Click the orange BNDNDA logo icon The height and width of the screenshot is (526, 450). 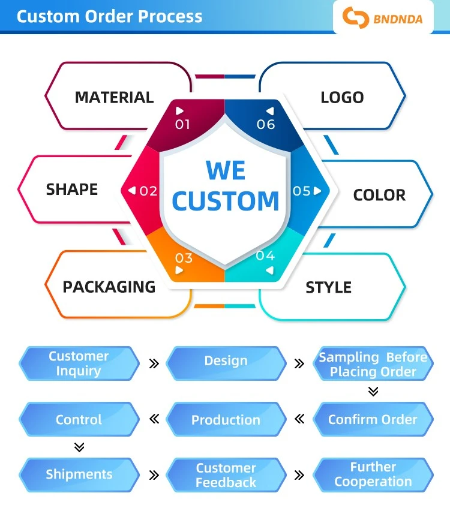[355, 17]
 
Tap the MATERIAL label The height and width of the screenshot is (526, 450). [114, 97]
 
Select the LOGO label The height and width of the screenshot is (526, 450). [342, 97]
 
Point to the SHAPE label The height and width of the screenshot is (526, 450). [72, 189]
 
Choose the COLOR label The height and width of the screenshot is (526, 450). [379, 195]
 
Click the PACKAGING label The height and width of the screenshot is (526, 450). [109, 287]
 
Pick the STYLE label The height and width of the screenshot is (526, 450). [329, 287]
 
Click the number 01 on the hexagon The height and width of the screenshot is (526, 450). [182, 125]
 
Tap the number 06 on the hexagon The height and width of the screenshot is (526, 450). [266, 125]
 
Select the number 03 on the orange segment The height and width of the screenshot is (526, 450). [184, 258]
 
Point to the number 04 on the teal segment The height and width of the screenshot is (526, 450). [265, 256]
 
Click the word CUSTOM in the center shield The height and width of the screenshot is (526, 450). [226, 200]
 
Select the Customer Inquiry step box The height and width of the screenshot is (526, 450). [79, 363]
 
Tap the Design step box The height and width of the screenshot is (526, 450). [226, 363]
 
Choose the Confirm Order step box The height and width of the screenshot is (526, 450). [373, 419]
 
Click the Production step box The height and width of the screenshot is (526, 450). [226, 419]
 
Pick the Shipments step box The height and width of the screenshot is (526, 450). [79, 474]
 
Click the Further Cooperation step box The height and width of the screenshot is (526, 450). [373, 474]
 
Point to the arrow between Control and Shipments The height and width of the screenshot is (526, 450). [79, 447]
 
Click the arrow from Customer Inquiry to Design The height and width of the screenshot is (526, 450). [154, 363]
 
